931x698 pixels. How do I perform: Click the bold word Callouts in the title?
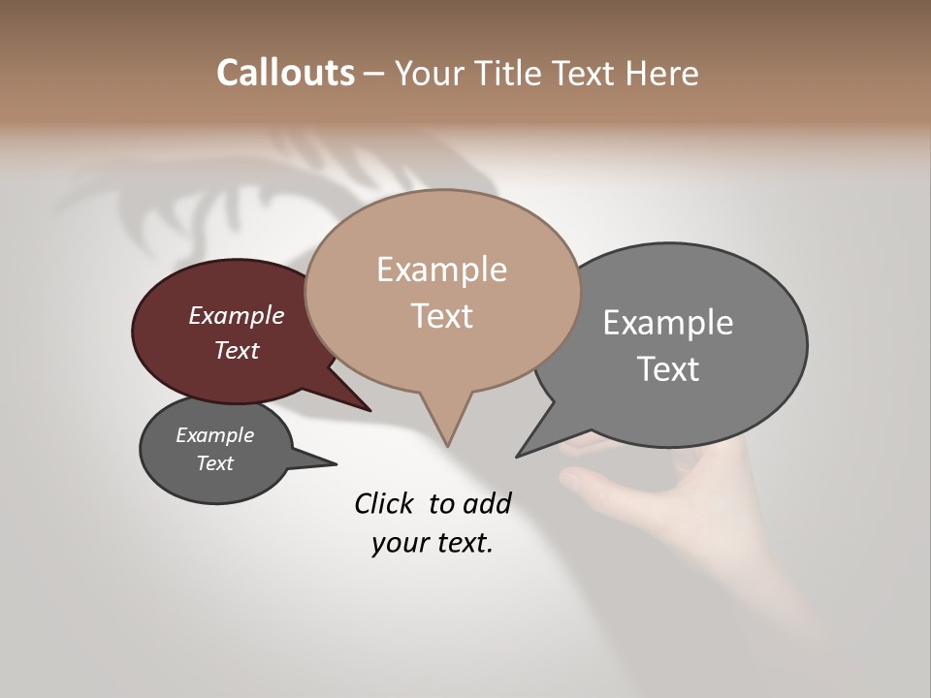pyautogui.click(x=285, y=73)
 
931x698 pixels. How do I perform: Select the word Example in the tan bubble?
pyautogui.click(x=441, y=270)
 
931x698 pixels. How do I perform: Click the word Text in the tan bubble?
pyautogui.click(x=441, y=316)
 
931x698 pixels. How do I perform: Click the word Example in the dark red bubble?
pyautogui.click(x=237, y=315)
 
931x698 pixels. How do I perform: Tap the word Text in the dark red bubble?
pyautogui.click(x=237, y=350)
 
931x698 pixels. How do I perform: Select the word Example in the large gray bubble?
pyautogui.click(x=667, y=323)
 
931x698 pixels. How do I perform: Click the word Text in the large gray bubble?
pyautogui.click(x=667, y=368)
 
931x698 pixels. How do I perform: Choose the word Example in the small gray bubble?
pyautogui.click(x=214, y=435)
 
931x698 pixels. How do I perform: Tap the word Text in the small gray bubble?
pyautogui.click(x=214, y=463)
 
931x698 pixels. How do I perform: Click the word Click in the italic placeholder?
pyautogui.click(x=384, y=503)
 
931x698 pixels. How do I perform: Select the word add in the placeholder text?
pyautogui.click(x=487, y=503)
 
